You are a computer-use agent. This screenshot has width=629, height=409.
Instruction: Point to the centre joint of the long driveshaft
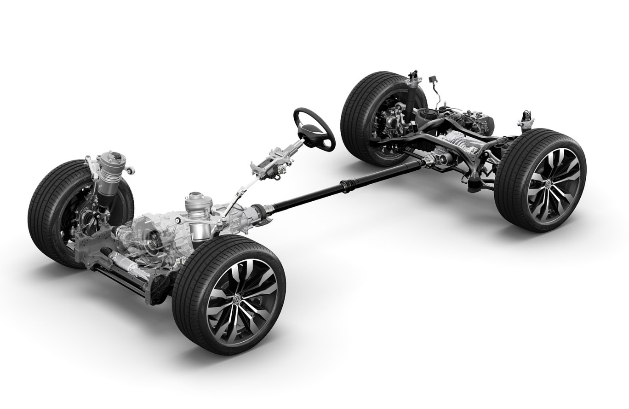tap(346, 187)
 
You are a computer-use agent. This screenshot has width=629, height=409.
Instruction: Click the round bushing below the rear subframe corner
tap(474, 187)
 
